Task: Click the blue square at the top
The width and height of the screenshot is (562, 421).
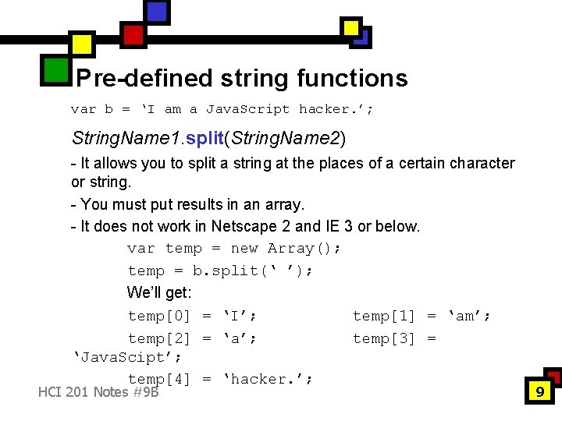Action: (x=157, y=11)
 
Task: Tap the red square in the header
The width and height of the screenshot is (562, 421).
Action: (x=133, y=35)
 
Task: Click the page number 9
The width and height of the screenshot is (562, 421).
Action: (x=539, y=392)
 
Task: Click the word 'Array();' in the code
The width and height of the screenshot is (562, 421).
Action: (x=304, y=249)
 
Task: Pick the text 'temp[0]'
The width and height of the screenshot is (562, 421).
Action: (x=159, y=316)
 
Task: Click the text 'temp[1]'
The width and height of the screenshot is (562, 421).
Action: (x=384, y=316)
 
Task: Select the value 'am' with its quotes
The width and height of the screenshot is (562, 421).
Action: (x=468, y=316)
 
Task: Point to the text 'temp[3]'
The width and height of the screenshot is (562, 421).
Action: (x=384, y=338)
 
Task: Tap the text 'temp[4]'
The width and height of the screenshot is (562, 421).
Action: (x=159, y=379)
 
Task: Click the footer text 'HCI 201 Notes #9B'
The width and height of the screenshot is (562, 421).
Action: (x=98, y=391)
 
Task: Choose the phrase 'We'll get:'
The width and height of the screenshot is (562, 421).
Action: (x=159, y=293)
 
